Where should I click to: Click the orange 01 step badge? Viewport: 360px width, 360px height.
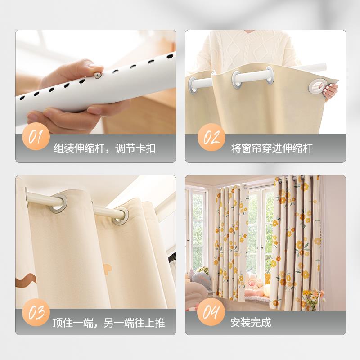tap(36, 136)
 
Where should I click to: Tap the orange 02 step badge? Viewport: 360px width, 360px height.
tap(210, 136)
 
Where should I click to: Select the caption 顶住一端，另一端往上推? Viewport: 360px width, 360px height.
tap(108, 323)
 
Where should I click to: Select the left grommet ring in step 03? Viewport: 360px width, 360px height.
tap(58, 203)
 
